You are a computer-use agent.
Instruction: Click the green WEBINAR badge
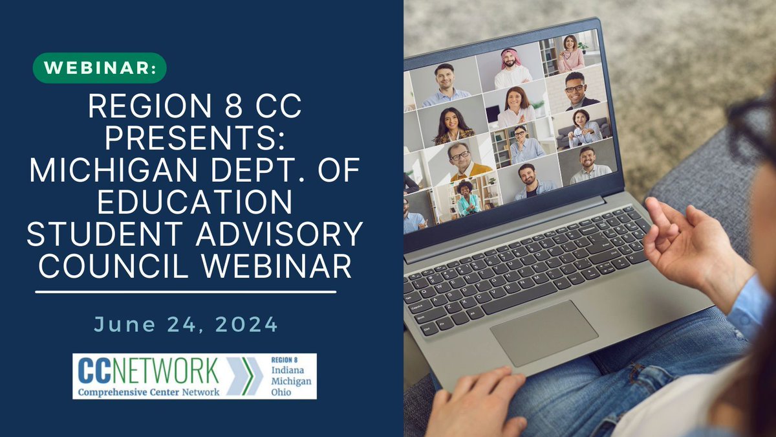pos(99,68)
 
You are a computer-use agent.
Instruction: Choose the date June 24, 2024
pos(186,324)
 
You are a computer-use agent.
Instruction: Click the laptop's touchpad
pos(543,333)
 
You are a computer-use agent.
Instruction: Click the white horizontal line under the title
pos(186,292)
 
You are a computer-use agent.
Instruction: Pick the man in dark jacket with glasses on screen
pos(575,90)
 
